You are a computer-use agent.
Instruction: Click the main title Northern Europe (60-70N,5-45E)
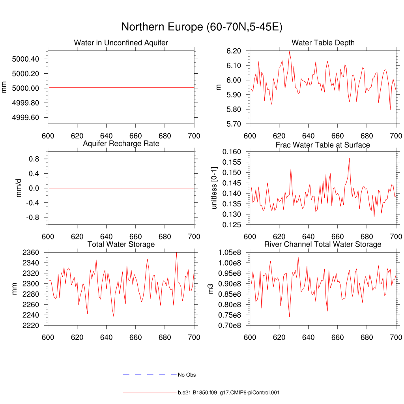point(202,27)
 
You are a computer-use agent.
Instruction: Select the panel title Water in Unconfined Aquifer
point(121,43)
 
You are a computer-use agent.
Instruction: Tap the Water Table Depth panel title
point(323,43)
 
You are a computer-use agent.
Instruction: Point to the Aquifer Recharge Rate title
point(121,144)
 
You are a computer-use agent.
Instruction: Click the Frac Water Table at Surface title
point(323,145)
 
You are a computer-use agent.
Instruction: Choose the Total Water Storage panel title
point(121,244)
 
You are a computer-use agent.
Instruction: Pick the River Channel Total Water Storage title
point(323,244)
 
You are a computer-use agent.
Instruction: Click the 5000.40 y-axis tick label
point(26,59)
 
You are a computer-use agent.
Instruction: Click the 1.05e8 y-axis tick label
point(232,252)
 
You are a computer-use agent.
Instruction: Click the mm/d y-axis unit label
point(19,188)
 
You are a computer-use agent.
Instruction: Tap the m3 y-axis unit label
point(211,289)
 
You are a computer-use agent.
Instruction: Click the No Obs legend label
point(187,375)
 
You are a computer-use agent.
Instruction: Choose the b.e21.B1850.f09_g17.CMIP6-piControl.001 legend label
point(229,393)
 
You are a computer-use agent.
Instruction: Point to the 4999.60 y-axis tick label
point(26,118)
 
